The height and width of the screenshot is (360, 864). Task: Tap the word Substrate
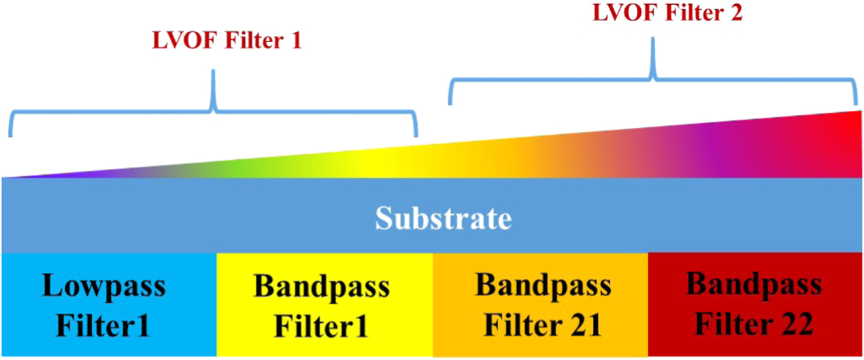coord(443,219)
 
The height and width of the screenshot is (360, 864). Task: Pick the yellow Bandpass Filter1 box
coord(325,305)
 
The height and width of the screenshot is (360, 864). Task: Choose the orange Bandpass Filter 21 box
coord(540,305)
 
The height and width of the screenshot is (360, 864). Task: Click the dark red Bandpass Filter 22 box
coord(756,305)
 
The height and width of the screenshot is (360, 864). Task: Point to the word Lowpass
coord(103,287)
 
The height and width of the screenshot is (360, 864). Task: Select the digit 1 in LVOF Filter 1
coord(295,43)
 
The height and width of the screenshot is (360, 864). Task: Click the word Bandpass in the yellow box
coord(322,287)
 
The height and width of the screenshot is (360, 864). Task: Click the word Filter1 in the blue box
coord(103,326)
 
